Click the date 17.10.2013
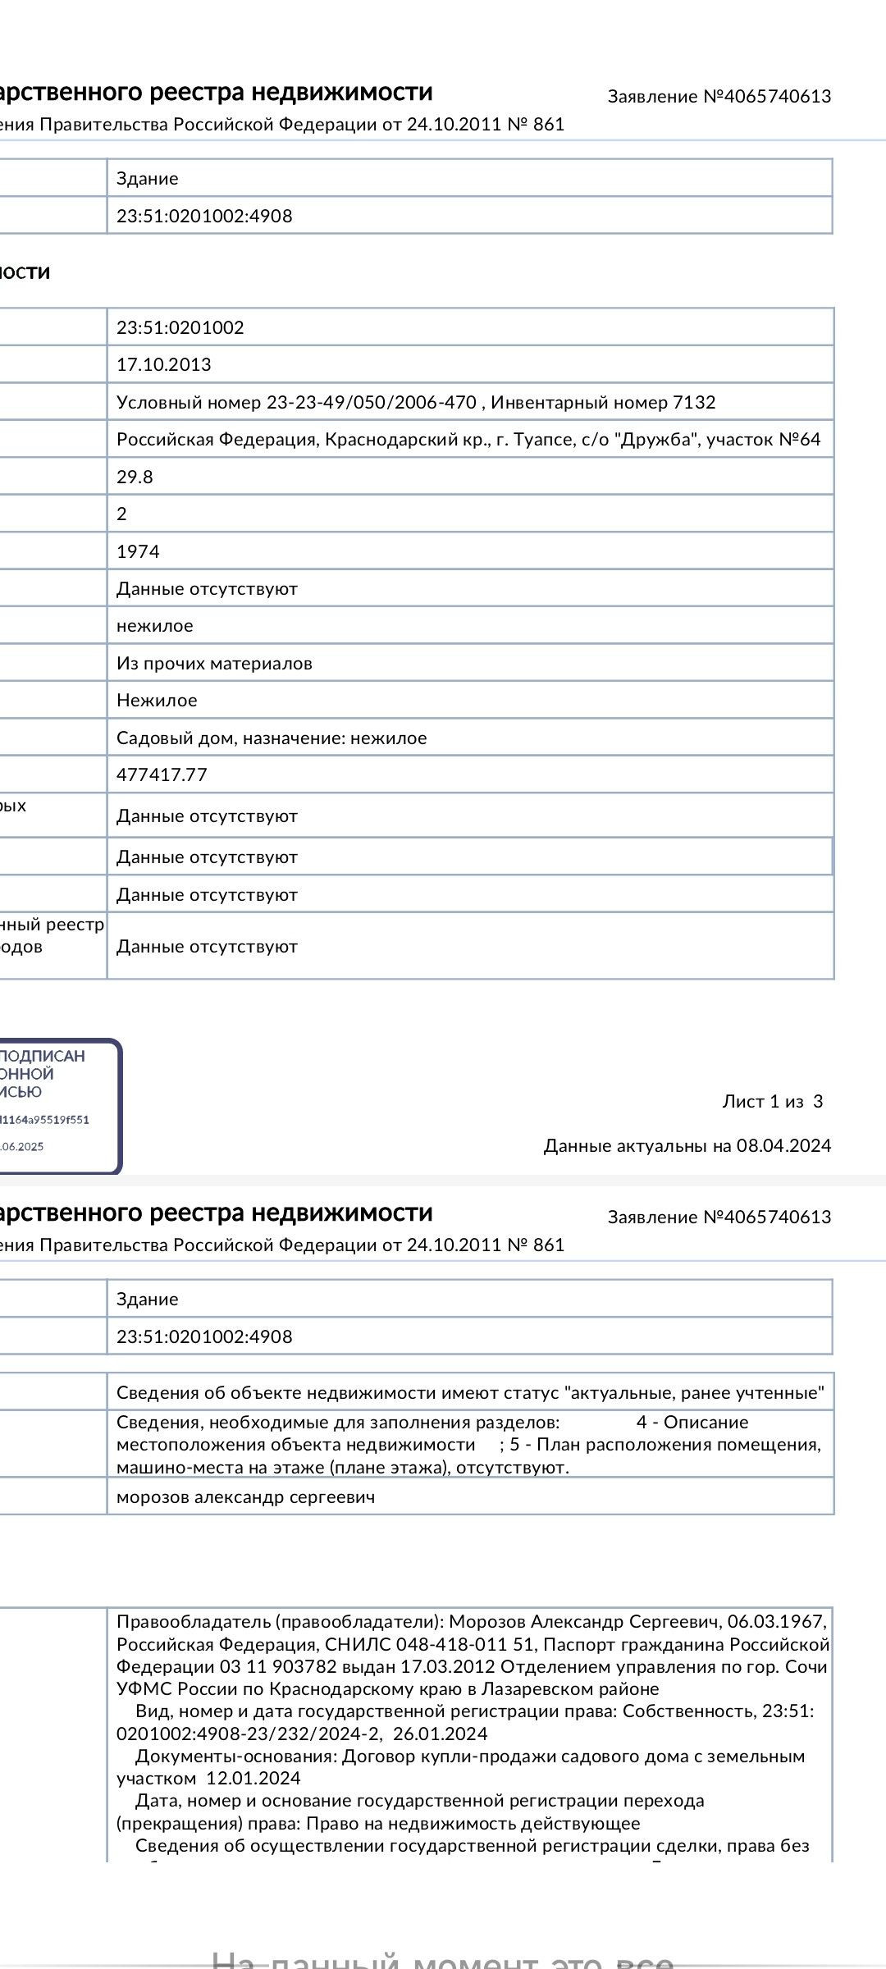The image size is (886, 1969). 163,364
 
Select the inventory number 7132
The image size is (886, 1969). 694,402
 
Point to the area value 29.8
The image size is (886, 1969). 135,477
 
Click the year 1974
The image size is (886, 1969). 138,551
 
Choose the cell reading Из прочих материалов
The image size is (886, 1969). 214,663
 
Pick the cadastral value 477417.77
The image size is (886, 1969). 162,774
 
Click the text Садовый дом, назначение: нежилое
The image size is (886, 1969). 272,738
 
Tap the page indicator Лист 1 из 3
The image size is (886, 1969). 772,1101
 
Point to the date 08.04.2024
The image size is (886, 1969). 783,1145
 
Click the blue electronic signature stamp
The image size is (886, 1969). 57,1105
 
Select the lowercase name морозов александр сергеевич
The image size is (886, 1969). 245,1496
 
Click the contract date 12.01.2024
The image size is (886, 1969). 253,1778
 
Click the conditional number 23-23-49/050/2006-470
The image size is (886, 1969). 371,402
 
